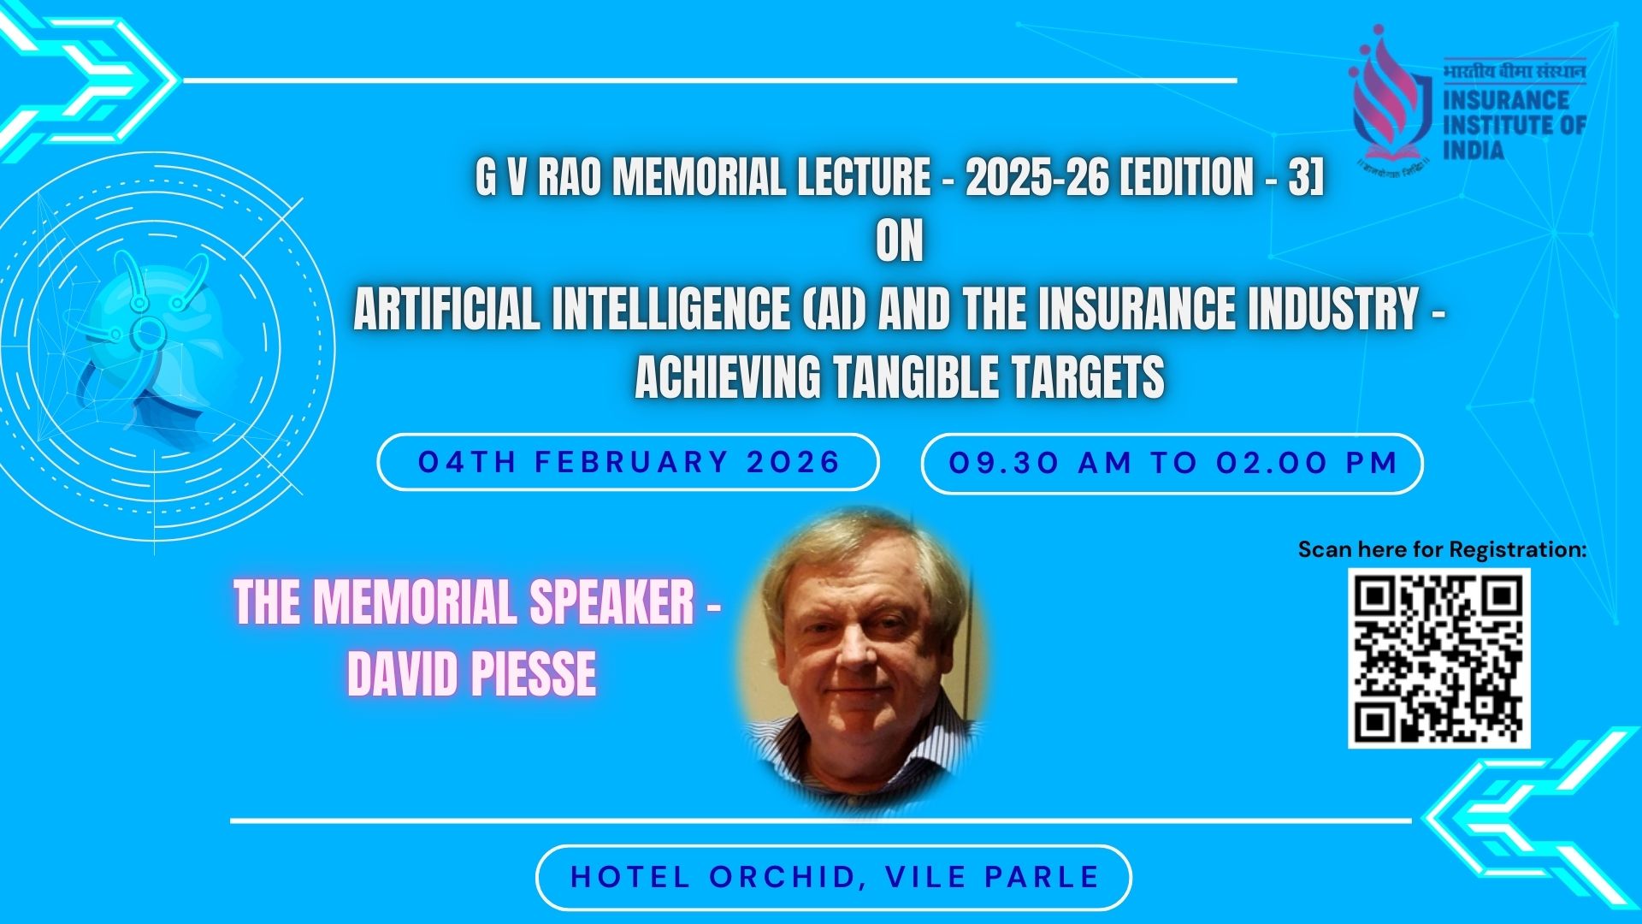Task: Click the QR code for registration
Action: pos(1438,658)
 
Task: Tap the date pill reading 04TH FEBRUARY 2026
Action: pos(629,462)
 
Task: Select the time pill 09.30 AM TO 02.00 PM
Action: pos(1172,464)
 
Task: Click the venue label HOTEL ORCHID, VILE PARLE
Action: pos(834,877)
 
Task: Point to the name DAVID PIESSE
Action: pos(471,674)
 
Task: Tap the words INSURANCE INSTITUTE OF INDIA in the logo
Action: pos(1515,125)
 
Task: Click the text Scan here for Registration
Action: pos(1442,549)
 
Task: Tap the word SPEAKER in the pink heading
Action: pos(611,602)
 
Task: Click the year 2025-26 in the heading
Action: pos(1037,177)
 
